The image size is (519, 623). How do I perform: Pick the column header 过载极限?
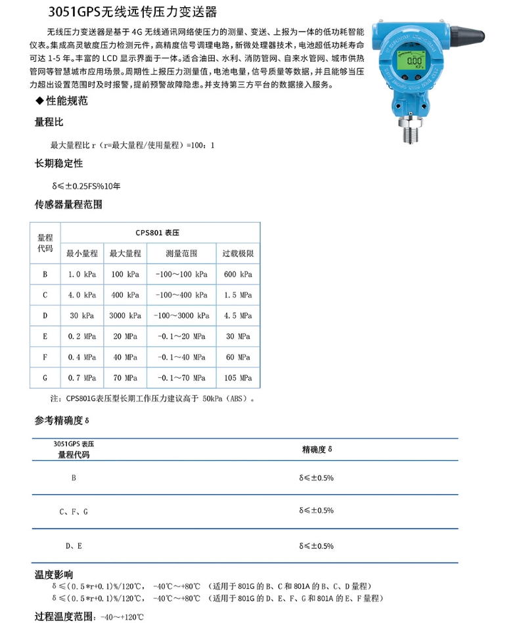pyautogui.click(x=238, y=253)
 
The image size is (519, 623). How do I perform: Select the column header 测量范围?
pyautogui.click(x=181, y=253)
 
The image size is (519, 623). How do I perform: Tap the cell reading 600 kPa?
pyautogui.click(x=238, y=274)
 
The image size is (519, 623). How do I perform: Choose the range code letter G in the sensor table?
pyautogui.click(x=45, y=378)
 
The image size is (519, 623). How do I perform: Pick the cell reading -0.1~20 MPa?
pyautogui.click(x=181, y=336)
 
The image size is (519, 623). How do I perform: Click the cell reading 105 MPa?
pyautogui.click(x=238, y=378)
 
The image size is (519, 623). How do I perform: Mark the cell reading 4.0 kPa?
pyautogui.click(x=81, y=295)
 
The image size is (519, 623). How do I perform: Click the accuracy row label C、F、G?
pyautogui.click(x=73, y=511)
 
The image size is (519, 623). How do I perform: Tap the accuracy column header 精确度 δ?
pyautogui.click(x=317, y=450)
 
